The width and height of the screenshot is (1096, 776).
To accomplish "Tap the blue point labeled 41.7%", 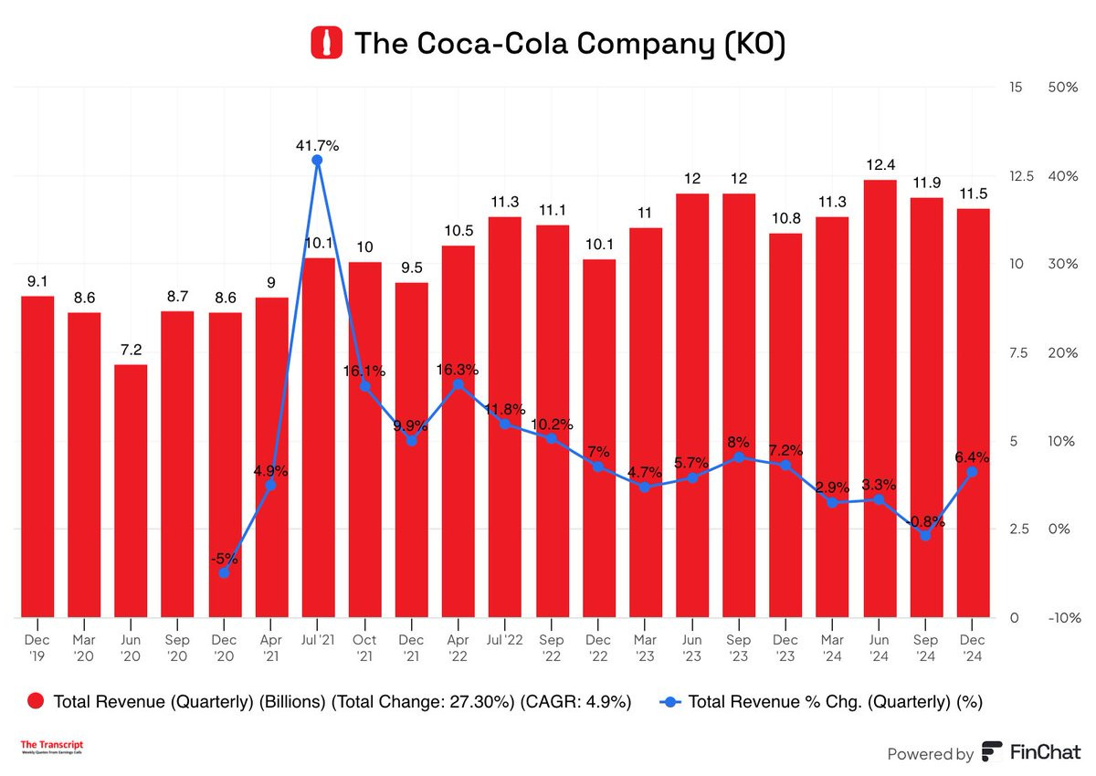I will click(x=317, y=161).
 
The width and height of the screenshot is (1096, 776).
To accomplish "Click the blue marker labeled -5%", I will click(x=224, y=572).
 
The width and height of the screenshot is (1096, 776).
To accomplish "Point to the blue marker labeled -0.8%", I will click(x=926, y=535).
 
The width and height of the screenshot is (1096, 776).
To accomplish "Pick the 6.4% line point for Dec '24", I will click(x=973, y=472).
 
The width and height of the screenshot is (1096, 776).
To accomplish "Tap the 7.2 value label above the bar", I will click(x=131, y=350).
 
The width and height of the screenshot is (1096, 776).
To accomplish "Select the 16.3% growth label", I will click(x=458, y=370).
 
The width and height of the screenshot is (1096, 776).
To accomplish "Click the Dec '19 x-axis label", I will click(x=37, y=648).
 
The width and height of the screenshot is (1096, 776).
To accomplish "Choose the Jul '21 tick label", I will click(x=317, y=641).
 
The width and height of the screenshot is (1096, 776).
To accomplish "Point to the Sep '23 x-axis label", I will click(x=739, y=648).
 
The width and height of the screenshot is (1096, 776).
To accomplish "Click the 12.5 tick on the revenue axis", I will click(x=1021, y=176).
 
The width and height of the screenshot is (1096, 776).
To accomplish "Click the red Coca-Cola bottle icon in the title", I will click(x=324, y=43).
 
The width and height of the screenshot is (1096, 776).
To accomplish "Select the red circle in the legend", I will click(x=36, y=701).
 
